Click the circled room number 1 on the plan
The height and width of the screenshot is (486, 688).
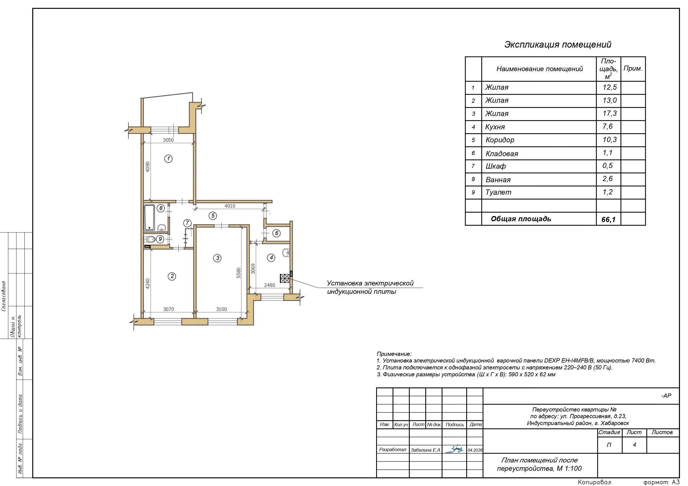pyautogui.click(x=169, y=159)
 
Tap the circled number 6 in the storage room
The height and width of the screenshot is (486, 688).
pyautogui.click(x=276, y=233)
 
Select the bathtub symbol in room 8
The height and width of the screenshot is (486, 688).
pyautogui.click(x=149, y=218)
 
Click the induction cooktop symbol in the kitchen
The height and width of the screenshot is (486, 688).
pyautogui.click(x=285, y=279)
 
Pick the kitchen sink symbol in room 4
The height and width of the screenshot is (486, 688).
pyautogui.click(x=286, y=253)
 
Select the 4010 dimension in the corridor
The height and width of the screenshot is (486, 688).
pyautogui.click(x=230, y=206)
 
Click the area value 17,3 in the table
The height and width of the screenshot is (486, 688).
pyautogui.click(x=610, y=114)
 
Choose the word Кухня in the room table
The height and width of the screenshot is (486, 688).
pyautogui.click(x=495, y=127)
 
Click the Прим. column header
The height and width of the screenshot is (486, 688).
pyautogui.click(x=633, y=68)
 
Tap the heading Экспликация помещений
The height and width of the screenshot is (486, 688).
pyautogui.click(x=558, y=45)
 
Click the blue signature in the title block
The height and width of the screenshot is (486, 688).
pyautogui.click(x=454, y=449)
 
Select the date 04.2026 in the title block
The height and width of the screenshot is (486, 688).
pyautogui.click(x=475, y=450)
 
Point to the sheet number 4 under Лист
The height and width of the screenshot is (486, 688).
pyautogui.click(x=634, y=445)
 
